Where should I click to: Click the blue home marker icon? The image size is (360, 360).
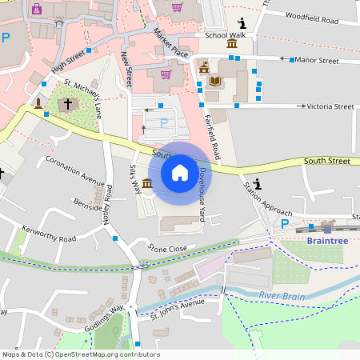point(180,172)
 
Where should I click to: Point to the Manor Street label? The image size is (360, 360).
point(316,60)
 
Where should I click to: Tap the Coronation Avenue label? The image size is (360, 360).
point(75,169)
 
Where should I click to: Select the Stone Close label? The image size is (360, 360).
point(167,249)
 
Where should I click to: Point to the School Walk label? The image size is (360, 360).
point(225,35)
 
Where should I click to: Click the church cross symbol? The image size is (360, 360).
point(68,104)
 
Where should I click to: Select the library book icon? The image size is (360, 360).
point(214,81)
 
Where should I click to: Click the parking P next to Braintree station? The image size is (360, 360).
point(284,224)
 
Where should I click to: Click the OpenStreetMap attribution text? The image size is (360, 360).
point(80,354)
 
